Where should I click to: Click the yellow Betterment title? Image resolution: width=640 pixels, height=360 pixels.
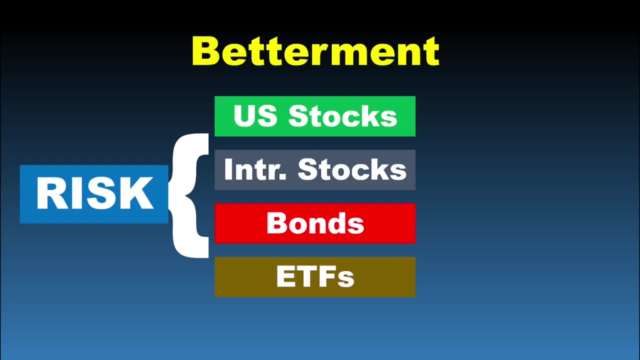point(315,51)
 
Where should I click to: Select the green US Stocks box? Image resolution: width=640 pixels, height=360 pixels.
point(315,116)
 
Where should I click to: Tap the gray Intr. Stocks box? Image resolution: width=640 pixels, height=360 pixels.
point(315,170)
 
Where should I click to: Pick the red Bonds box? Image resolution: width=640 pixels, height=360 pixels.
point(315,223)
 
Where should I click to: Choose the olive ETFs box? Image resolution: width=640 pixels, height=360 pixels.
point(315,277)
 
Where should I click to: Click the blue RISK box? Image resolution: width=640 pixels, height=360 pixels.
point(94,194)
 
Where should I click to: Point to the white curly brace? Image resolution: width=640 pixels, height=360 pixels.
point(190,195)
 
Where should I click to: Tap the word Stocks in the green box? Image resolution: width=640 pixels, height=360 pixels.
point(342,116)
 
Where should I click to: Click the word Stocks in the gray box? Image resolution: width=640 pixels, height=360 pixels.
point(352,170)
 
